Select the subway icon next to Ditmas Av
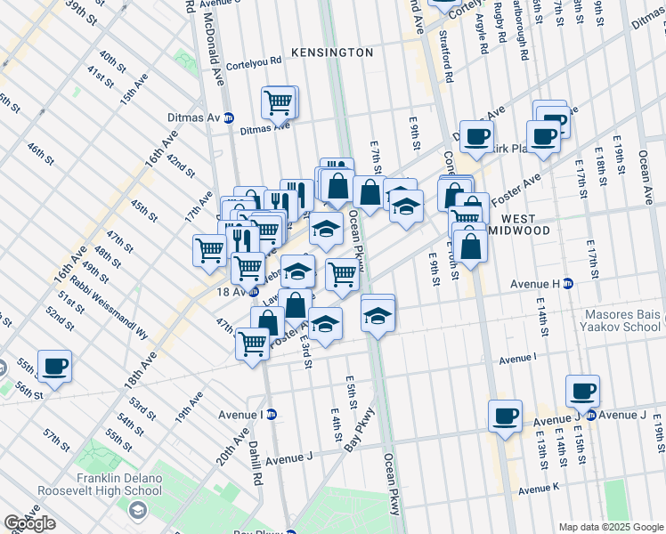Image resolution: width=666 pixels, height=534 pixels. (229, 117)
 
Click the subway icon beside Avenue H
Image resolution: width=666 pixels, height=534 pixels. (567, 284)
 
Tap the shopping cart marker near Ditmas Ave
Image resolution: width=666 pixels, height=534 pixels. (279, 102)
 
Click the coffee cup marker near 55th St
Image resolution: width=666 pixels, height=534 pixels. (54, 366)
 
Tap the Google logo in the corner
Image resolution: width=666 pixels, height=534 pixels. (29, 522)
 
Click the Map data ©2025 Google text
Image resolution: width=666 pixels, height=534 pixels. (611, 527)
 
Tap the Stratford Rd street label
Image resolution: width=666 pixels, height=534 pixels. (445, 59)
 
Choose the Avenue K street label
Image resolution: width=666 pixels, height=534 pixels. (540, 489)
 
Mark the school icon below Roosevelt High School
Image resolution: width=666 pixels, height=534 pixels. (137, 510)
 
